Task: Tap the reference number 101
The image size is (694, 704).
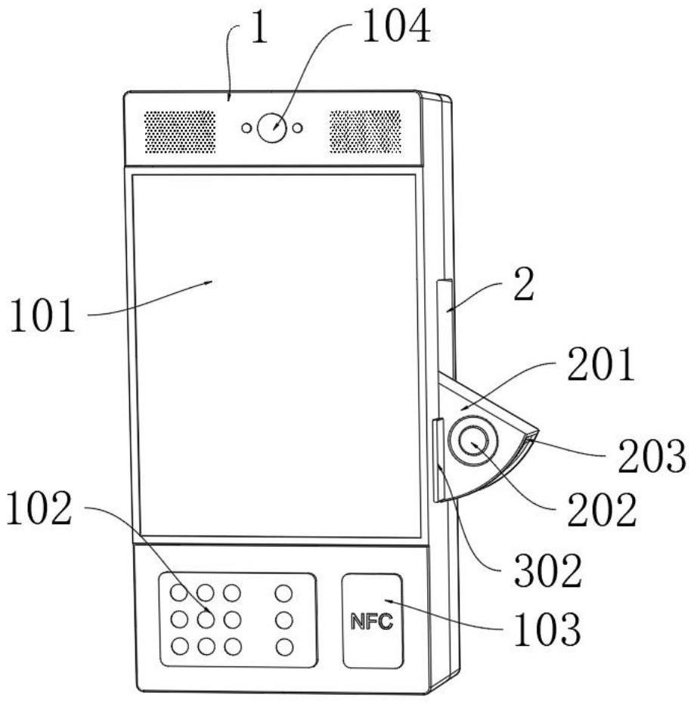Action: click(x=42, y=317)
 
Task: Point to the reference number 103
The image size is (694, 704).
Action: click(x=550, y=630)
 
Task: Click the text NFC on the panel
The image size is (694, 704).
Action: click(x=372, y=622)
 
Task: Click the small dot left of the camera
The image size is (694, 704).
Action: click(x=246, y=128)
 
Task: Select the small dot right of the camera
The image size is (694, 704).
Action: click(x=298, y=128)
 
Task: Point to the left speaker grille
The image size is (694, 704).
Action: click(x=180, y=131)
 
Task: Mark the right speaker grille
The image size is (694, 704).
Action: click(x=365, y=131)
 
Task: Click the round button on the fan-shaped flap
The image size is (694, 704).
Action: click(x=471, y=442)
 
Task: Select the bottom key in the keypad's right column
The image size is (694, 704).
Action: click(x=283, y=647)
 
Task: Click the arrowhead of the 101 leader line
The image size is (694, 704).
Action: click(x=211, y=283)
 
